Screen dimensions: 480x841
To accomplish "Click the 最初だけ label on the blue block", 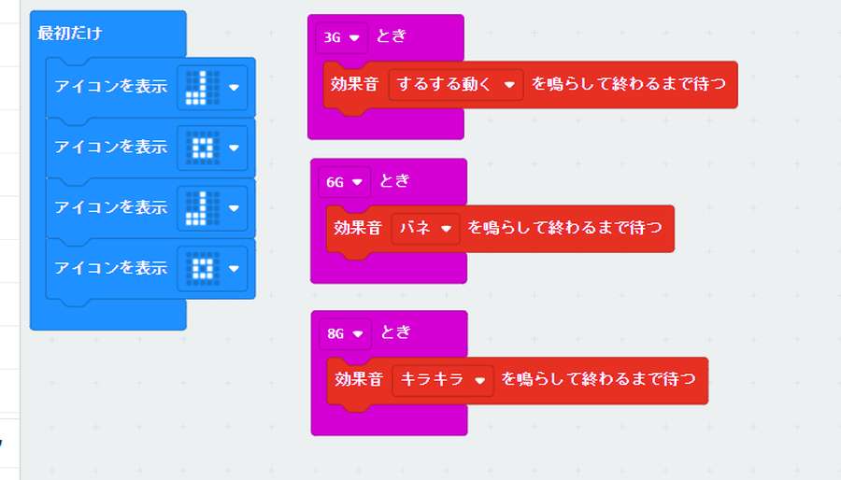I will pos(70,34).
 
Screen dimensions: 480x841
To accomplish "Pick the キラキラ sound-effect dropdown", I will pos(442,379).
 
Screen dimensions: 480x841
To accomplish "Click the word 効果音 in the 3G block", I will pos(354,84).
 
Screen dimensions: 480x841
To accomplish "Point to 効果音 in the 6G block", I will pos(357,227).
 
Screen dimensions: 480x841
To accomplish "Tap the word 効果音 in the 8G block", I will pos(358,379).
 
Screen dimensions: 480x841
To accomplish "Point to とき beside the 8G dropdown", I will pos(396,332).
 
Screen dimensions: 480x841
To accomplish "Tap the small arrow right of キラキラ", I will pos(479,380).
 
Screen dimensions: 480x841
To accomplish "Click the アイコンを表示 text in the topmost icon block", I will pos(110,88).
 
